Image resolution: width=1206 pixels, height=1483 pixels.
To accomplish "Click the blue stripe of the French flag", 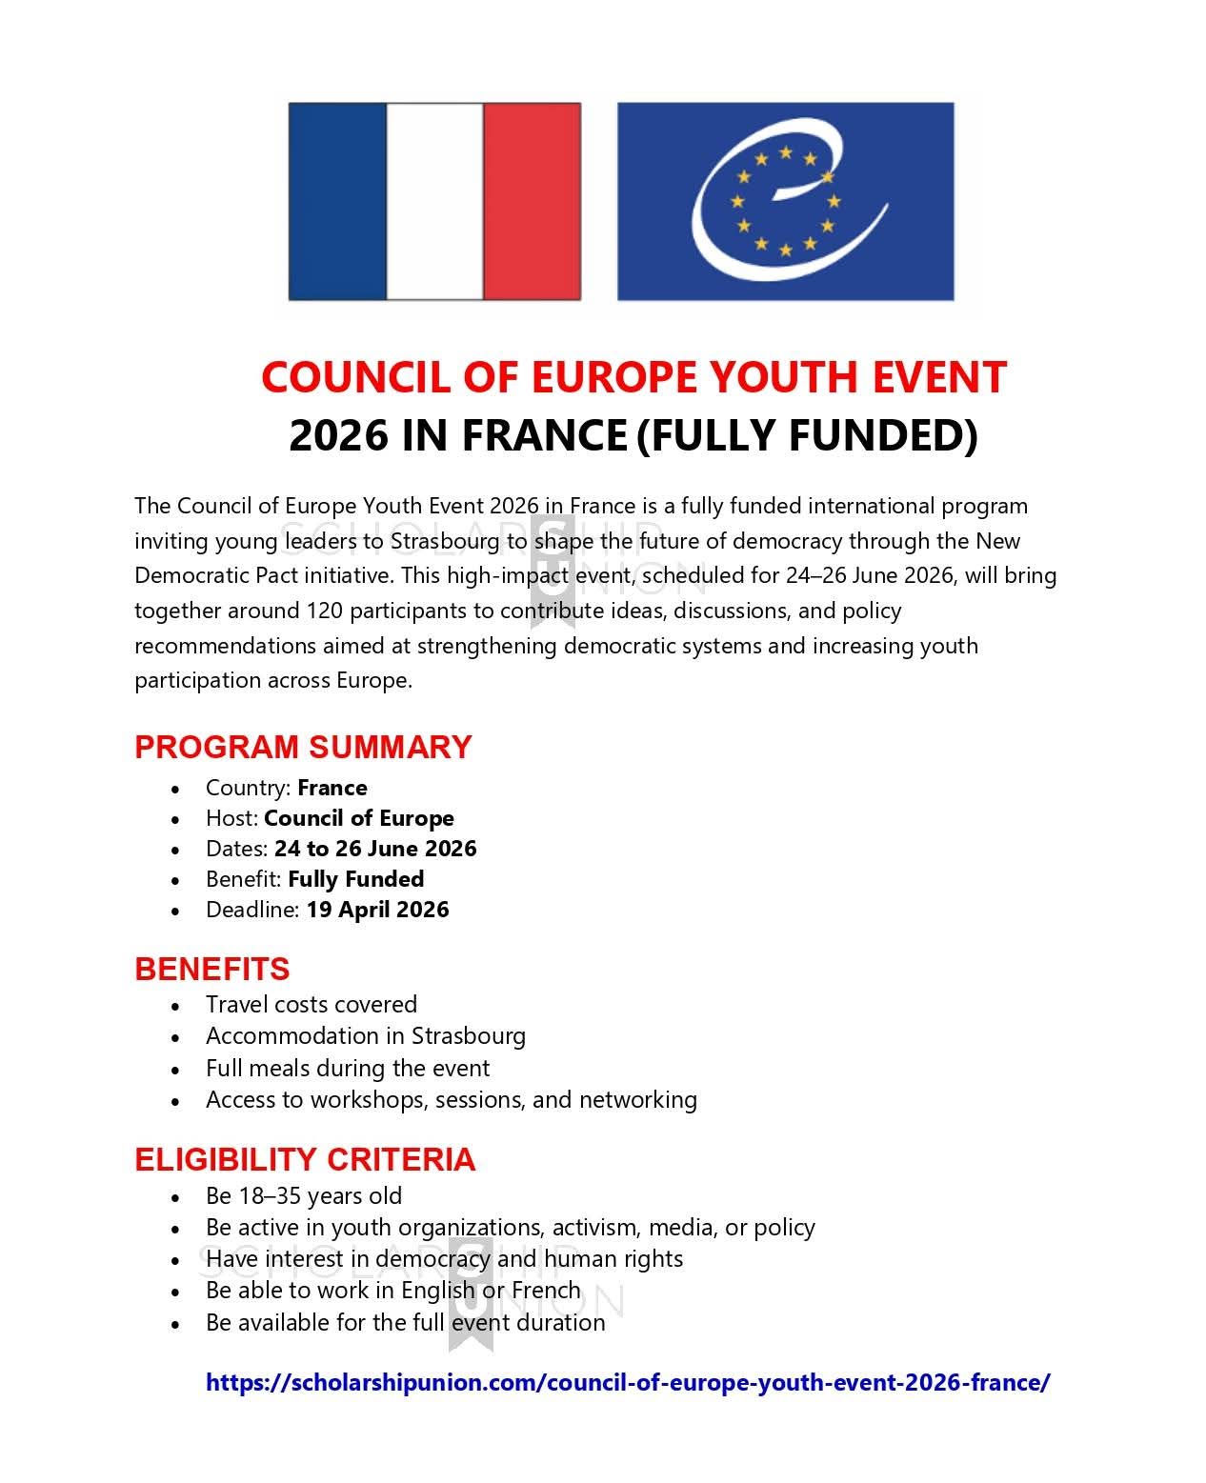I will [x=337, y=201].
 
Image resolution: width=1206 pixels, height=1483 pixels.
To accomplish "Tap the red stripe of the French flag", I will [x=532, y=201].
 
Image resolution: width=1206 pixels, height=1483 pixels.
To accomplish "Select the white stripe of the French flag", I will [x=434, y=201].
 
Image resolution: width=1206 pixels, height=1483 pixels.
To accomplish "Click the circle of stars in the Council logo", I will [x=785, y=201].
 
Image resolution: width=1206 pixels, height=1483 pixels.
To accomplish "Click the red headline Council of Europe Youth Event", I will [x=633, y=377].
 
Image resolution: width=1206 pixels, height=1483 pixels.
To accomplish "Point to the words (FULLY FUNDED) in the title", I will [x=806, y=435].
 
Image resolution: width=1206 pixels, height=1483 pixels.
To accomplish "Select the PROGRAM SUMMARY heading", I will [x=303, y=747].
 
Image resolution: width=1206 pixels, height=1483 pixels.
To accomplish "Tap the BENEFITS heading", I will [x=211, y=969].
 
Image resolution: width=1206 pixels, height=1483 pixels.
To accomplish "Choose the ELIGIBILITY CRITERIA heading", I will [x=305, y=1159].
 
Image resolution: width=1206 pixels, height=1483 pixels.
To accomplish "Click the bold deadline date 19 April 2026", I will [x=377, y=910].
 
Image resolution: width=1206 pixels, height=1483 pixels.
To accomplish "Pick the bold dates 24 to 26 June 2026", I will [x=375, y=849].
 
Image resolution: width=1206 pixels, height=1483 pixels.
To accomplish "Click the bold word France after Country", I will [x=332, y=788].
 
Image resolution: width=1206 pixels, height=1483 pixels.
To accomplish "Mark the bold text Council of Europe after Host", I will [x=359, y=818].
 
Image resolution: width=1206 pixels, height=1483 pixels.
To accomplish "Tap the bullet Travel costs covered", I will [x=312, y=1005].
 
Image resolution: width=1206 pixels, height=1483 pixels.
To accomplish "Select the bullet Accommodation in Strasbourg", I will [x=366, y=1036].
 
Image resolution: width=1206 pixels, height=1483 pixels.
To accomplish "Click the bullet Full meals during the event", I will [x=348, y=1068].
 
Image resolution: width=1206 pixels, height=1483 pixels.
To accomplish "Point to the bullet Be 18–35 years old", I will [x=304, y=1196].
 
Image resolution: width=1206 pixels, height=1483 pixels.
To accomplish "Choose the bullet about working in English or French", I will [x=392, y=1291].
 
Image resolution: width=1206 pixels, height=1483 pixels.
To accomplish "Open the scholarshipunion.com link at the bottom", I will [x=628, y=1382].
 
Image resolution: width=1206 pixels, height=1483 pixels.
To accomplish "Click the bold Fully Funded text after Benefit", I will [x=356, y=879].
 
